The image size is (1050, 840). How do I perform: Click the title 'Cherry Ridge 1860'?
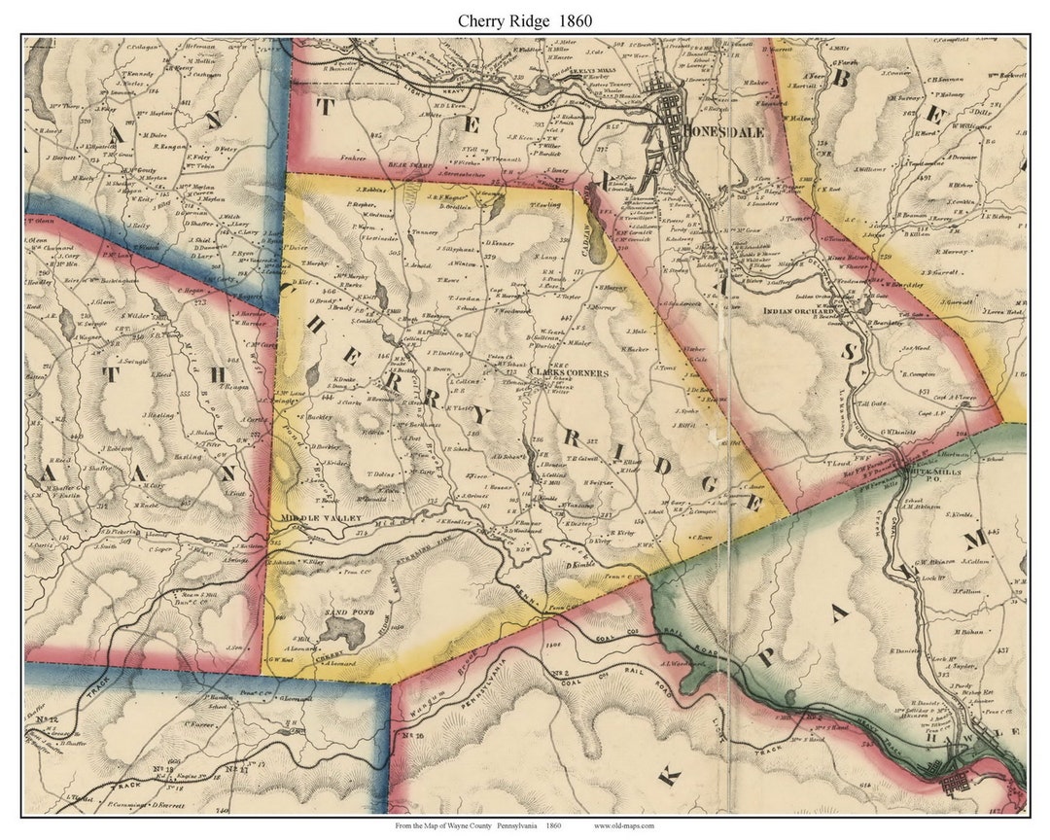pos(525,19)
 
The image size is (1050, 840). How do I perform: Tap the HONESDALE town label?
pos(724,130)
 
